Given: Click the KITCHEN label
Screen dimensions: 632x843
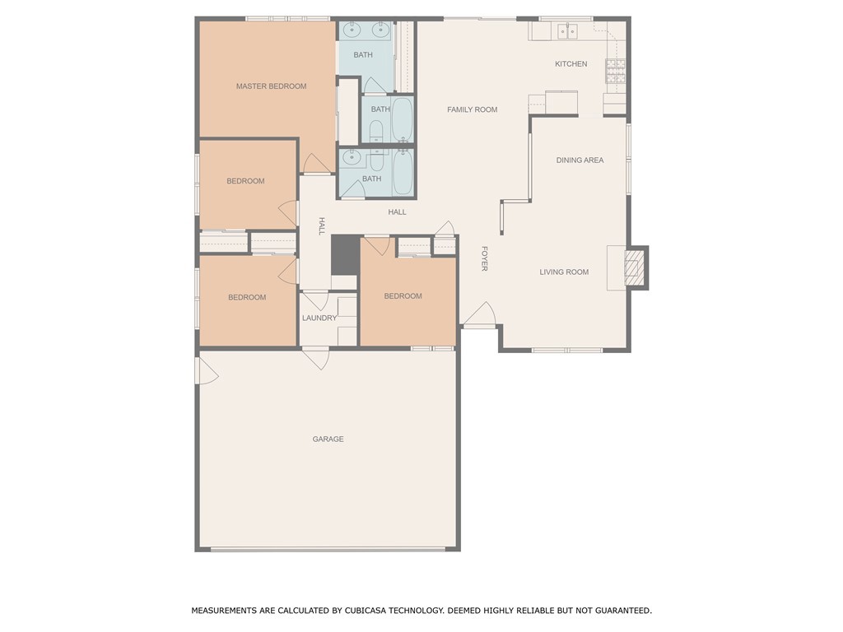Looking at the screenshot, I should [x=571, y=64].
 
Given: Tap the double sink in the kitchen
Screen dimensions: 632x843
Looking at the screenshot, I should [x=567, y=31].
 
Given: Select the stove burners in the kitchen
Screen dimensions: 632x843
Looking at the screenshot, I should [x=615, y=71].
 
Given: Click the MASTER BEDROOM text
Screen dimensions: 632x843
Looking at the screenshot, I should [x=271, y=86].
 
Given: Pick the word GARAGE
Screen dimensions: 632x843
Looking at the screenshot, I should [x=328, y=439].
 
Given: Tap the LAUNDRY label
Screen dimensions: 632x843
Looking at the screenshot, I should [x=319, y=318].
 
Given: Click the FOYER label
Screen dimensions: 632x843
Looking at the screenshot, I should [x=484, y=258].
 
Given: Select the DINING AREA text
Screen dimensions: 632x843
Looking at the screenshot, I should [x=580, y=160].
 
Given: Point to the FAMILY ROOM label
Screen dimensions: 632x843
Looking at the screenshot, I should [x=472, y=109].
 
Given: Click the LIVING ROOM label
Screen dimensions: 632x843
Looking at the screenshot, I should [x=564, y=272].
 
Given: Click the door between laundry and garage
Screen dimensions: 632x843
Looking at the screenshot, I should [x=316, y=357].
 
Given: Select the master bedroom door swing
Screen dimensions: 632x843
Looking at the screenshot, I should [x=317, y=165].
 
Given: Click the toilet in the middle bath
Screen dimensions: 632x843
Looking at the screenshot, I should [x=375, y=131].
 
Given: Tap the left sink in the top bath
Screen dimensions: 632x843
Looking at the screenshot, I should [x=352, y=30].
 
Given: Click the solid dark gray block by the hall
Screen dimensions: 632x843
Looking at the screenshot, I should [x=344, y=254].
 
